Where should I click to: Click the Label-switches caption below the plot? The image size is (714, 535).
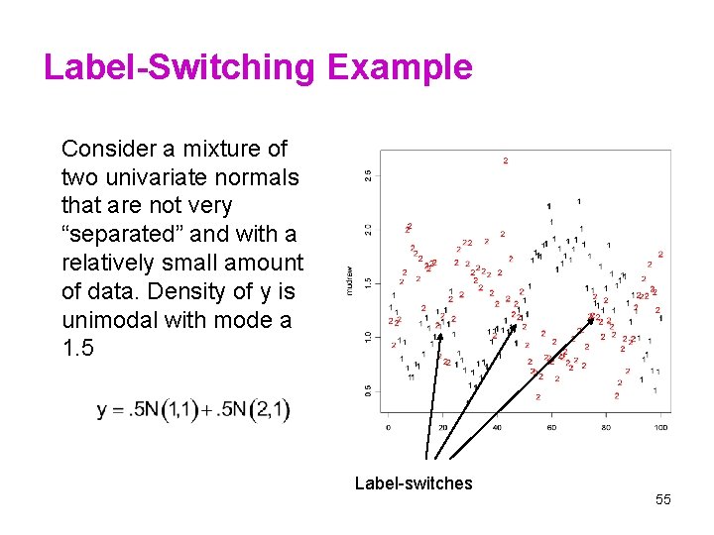(414, 483)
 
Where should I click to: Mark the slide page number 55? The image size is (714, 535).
(662, 500)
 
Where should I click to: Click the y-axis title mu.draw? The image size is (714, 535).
(349, 278)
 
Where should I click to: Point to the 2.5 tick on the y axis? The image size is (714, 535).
(368, 175)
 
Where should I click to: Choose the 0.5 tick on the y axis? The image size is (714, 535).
(368, 390)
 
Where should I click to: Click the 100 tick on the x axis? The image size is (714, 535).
(660, 427)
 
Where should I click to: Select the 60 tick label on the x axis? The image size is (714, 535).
(551, 427)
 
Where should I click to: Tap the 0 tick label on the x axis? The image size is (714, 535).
(388, 427)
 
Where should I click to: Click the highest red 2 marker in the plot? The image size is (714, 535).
(505, 160)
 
